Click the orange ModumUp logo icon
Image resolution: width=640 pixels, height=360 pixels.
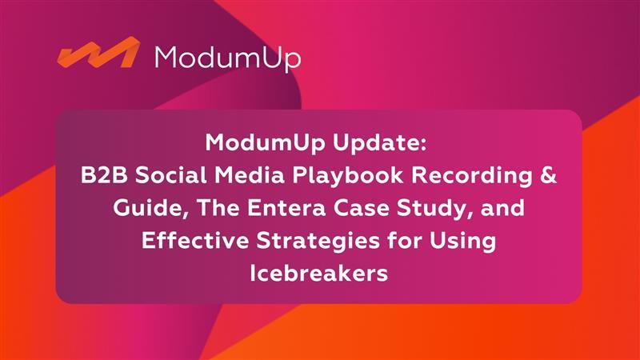pyautogui.click(x=98, y=53)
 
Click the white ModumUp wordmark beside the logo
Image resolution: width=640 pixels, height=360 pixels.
pyautogui.click(x=228, y=58)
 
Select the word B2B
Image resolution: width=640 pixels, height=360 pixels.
pyautogui.click(x=104, y=176)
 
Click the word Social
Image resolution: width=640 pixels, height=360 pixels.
pyautogui.click(x=170, y=176)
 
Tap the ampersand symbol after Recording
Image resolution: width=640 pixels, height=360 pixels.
pyautogui.click(x=549, y=176)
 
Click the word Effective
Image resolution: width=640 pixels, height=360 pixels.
pyautogui.click(x=195, y=241)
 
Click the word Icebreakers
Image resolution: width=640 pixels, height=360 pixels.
pyautogui.click(x=318, y=273)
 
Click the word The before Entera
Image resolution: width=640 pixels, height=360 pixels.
pyautogui.click(x=218, y=208)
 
